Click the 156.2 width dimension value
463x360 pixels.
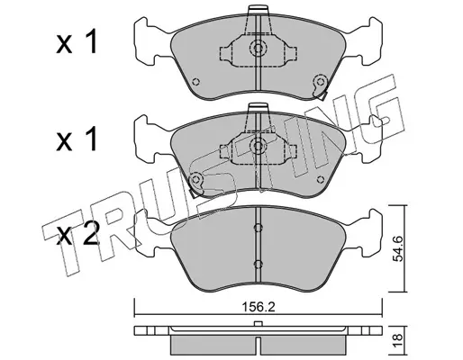259,307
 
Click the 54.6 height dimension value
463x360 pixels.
398,248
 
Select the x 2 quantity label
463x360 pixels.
77,237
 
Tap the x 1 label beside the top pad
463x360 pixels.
77,42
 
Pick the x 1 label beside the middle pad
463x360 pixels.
77,139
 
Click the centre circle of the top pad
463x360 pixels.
258,48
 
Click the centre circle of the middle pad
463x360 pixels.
258,146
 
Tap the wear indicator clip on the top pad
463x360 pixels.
320,86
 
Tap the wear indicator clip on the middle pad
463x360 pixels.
196,184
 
